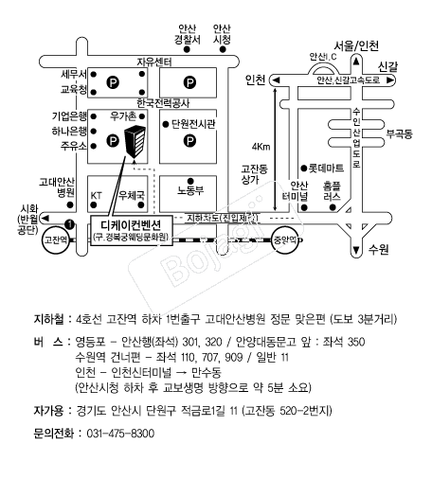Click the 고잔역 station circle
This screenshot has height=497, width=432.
click(56, 240)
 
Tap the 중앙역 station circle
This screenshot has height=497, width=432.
click(285, 240)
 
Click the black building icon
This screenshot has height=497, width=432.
click(135, 141)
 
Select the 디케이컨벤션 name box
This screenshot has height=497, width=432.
click(132, 230)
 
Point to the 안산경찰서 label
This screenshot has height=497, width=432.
click(188, 34)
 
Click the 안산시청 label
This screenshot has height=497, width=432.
click(222, 34)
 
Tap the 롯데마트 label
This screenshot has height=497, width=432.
click(326, 168)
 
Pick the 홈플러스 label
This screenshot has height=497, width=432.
click(333, 191)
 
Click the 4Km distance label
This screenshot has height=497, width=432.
click(261, 147)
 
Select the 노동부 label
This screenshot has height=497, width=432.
click(190, 190)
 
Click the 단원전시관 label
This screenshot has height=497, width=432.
click(193, 124)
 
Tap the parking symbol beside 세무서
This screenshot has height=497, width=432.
click(113, 82)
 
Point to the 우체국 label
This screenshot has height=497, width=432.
click(132, 195)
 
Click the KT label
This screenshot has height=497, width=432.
click(96, 196)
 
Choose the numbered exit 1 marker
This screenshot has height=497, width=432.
click(69, 224)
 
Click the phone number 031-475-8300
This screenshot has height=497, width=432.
click(120, 434)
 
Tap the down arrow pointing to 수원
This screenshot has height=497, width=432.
click(356, 250)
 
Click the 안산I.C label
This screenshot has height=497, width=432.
click(323, 57)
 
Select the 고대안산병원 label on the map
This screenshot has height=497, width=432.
click(57, 187)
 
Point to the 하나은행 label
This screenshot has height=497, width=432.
click(69, 131)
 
